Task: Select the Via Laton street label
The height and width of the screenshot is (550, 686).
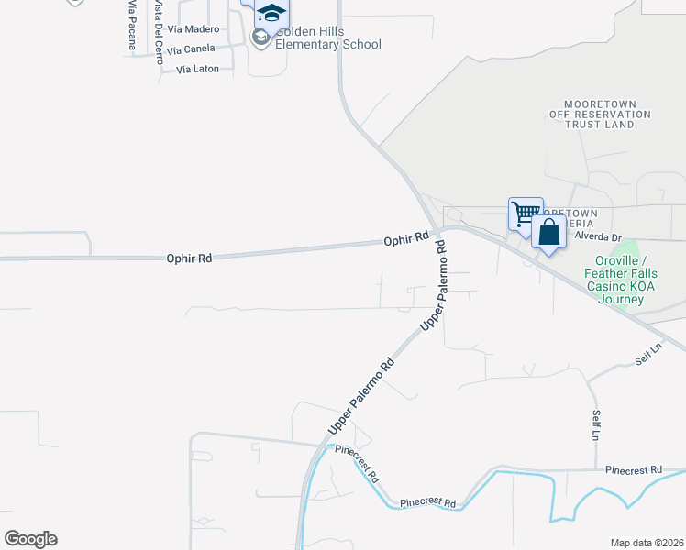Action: pos(197,69)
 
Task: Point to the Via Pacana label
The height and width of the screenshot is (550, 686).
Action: pos(132,25)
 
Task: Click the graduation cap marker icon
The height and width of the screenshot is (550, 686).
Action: pos(271,14)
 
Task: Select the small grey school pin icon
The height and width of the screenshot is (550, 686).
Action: pos(260,38)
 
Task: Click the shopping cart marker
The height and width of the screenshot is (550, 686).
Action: pos(526,214)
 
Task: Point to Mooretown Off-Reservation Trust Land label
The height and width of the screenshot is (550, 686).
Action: pos(600,114)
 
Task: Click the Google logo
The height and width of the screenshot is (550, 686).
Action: pos(30,539)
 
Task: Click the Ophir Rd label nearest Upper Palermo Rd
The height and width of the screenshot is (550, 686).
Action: pos(406,238)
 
